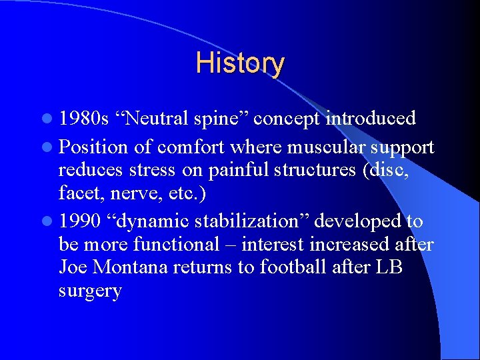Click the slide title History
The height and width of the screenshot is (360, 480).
[x=240, y=64]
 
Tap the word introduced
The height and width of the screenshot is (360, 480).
[x=371, y=119]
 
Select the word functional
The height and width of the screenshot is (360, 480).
[x=176, y=245]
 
